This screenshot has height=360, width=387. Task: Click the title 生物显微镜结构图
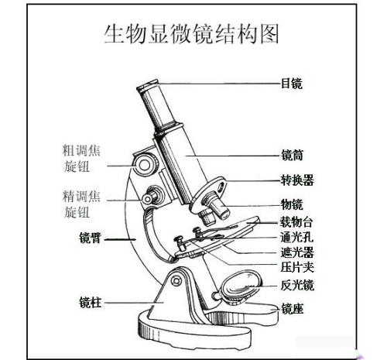coord(191,34)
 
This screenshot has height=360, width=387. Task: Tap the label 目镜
coord(291,84)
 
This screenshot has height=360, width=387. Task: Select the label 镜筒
coord(292,156)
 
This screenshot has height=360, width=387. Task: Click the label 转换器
coord(297,180)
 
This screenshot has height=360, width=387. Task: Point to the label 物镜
coord(292,204)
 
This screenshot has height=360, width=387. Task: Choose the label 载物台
coord(296,222)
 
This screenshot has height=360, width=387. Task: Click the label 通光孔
coord(297,237)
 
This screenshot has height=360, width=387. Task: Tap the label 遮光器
coord(297,252)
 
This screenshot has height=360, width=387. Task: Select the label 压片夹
coord(297,267)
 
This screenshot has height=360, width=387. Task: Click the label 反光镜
coord(297,285)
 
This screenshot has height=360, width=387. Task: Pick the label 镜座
coord(292,309)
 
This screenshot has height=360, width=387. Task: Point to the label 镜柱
coord(91,303)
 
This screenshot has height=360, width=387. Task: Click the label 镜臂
coord(90,238)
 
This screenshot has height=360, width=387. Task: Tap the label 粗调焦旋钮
coord(81,158)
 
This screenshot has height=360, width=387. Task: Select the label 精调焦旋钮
coord(81,204)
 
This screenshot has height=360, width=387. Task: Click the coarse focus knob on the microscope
coord(146,164)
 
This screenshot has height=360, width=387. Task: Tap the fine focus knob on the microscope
coord(152,196)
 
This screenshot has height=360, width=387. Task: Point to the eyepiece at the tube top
coord(148,87)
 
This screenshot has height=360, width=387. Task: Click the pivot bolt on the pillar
coord(176,280)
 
